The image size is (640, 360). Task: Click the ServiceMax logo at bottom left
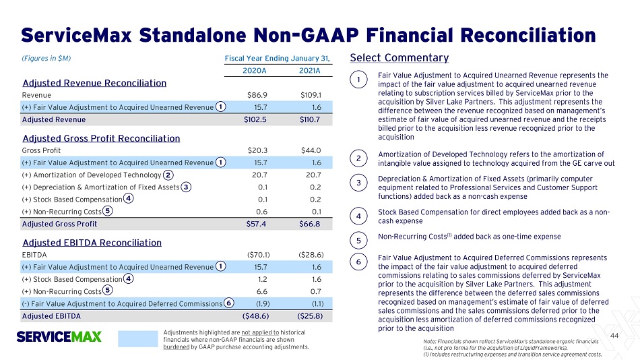tap(59, 336)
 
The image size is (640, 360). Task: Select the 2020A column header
tap(254, 71)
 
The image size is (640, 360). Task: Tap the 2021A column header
tap(309, 71)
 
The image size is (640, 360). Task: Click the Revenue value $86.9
tap(257, 95)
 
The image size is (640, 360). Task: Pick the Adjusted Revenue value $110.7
tap(309, 120)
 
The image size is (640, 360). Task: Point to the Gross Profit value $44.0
tap(311, 150)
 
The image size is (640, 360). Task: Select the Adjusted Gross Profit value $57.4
tap(256, 224)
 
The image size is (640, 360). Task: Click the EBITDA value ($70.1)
tap(259, 255)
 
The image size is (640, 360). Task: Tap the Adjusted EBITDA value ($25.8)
tap(310, 316)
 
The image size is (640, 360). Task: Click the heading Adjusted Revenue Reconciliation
tap(94, 83)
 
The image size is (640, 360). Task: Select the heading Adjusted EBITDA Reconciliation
tap(92, 243)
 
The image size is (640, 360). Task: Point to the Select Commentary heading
tap(399, 58)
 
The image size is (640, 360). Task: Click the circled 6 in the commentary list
tap(358, 262)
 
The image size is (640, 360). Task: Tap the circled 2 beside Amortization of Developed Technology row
tap(168, 175)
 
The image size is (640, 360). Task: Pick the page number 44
tap(614, 336)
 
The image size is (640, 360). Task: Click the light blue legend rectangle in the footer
tap(138, 339)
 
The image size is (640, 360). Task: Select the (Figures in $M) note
tap(46, 59)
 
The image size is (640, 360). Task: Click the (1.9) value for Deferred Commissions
tap(262, 304)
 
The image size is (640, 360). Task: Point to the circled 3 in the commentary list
tap(358, 183)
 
